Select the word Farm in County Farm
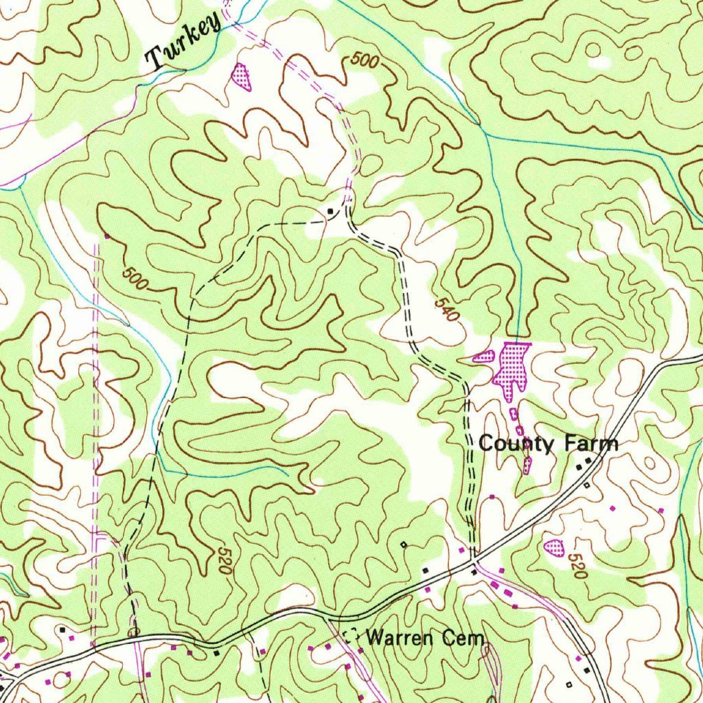[592, 443]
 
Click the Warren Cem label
[425, 638]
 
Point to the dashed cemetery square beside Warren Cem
[351, 636]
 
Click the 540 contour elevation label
[446, 310]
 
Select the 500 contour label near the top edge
[364, 60]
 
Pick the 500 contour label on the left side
[136, 278]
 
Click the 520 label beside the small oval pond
[577, 567]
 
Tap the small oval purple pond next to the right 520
[554, 548]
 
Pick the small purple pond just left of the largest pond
[485, 356]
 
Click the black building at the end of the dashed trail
[331, 210]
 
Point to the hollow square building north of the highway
[404, 544]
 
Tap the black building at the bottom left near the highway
[62, 628]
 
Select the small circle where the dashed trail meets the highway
[133, 632]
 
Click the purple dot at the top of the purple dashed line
[106, 237]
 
